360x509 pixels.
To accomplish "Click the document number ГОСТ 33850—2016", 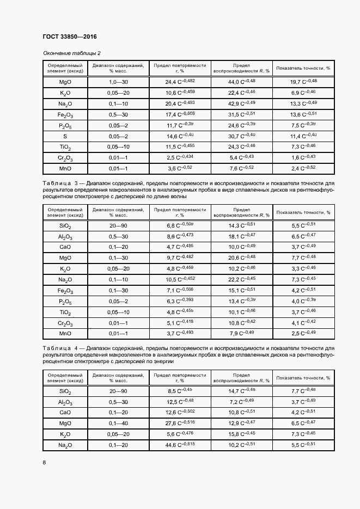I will [x=69, y=37].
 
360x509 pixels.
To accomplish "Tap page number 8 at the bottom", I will [x=45, y=462].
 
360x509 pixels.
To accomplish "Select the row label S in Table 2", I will [x=65, y=136].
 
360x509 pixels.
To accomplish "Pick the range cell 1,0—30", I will [x=118, y=82].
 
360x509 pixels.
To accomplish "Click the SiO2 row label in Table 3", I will [x=65, y=226].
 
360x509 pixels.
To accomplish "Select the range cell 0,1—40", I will [x=118, y=423].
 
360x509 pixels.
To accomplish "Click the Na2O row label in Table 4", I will [x=65, y=445].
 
